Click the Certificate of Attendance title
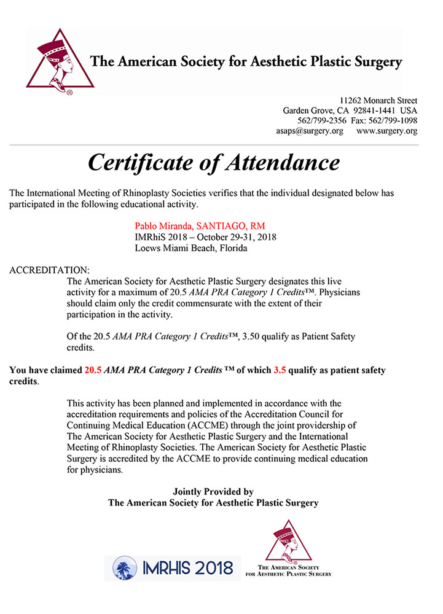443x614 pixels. (x=213, y=162)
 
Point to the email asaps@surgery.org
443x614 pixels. (x=310, y=131)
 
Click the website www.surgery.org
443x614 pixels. (x=386, y=131)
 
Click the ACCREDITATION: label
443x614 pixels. (x=50, y=270)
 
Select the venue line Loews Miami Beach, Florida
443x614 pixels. (x=191, y=249)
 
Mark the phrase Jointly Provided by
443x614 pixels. (x=213, y=492)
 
